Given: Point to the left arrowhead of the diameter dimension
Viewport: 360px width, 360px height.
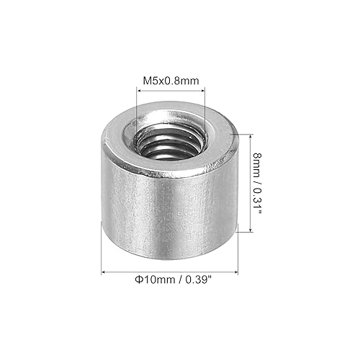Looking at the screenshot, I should [103, 272].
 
